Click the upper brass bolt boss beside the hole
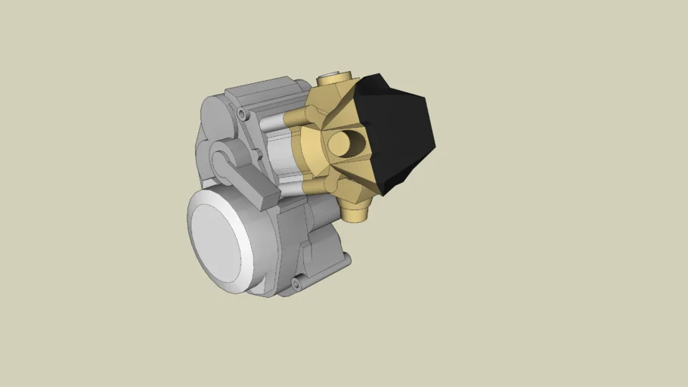(x=311, y=115)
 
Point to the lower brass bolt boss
(x=330, y=184)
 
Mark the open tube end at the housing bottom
(x=296, y=284)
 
